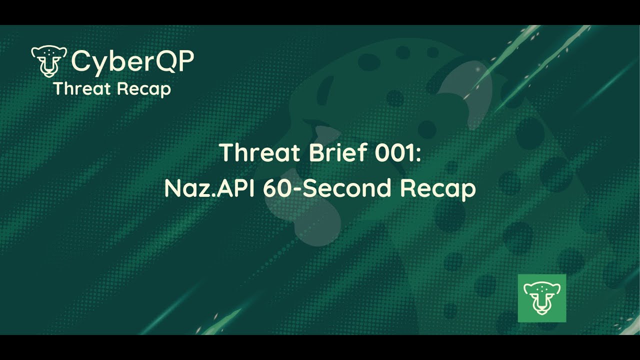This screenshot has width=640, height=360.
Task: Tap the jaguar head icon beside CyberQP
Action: point(49,61)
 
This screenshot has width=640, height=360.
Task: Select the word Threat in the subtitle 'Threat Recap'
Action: point(77,89)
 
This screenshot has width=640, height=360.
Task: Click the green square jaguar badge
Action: point(541,298)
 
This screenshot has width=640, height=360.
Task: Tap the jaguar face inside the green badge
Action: point(541,298)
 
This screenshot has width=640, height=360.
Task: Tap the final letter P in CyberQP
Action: point(187,61)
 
